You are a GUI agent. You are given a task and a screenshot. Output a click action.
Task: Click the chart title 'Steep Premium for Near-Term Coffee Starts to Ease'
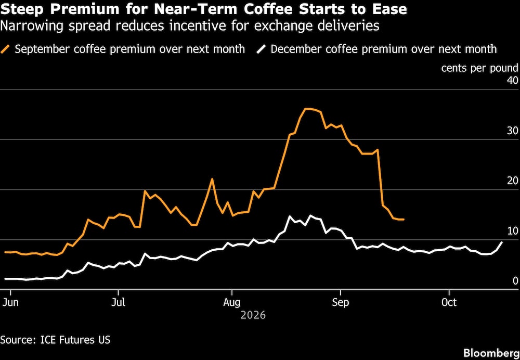coord(204,9)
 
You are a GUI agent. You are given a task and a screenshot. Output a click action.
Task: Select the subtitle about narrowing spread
coord(190,26)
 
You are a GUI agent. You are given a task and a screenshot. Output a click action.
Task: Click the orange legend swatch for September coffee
coord(6,49)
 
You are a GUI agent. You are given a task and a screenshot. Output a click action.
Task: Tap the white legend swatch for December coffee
coord(262,49)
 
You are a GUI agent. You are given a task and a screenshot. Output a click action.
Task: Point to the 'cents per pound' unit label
coord(479,68)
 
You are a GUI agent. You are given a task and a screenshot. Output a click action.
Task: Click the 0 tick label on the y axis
coord(515,281)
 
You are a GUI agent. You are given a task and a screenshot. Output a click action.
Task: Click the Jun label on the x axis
coord(10,303)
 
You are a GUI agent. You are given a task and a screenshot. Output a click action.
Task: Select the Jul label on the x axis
coord(119,303)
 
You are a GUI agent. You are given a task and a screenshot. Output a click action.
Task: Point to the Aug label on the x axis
coord(232,303)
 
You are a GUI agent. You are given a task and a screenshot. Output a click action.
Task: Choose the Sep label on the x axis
coord(340,303)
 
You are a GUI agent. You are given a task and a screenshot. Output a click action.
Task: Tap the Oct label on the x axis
coord(449,303)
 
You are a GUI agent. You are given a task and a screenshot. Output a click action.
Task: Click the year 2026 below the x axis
coord(253,315)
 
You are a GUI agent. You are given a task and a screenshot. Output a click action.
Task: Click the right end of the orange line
coord(404,220)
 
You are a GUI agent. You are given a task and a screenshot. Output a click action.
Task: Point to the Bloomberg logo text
coord(491,353)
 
